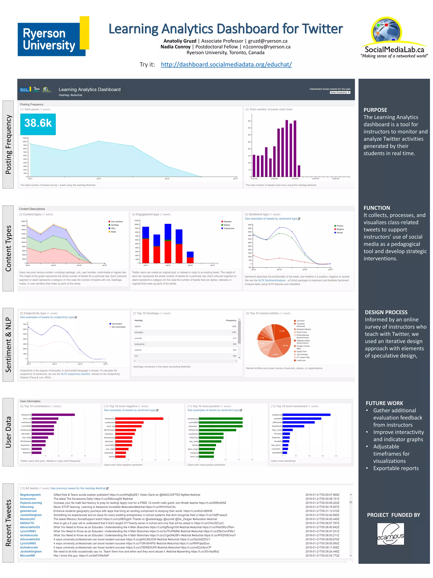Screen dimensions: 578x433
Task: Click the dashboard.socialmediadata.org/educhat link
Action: tap(226, 64)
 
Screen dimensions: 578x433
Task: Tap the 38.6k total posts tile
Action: tap(38, 124)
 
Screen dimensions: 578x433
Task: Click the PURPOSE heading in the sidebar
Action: tap(375, 110)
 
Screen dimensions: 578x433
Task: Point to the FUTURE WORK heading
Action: tap(384, 403)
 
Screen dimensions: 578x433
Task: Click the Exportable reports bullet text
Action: tap(396, 468)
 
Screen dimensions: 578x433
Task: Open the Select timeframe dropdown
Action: tap(340, 92)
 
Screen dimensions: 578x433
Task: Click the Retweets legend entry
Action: tap(227, 222)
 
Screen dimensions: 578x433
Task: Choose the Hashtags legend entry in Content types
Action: tap(115, 225)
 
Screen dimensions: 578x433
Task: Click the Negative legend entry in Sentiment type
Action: tap(340, 229)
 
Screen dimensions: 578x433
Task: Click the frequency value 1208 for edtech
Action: tap(234, 326)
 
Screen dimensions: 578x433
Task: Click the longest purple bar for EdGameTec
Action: tap(53, 415)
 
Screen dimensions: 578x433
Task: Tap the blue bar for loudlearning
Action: tap(306, 415)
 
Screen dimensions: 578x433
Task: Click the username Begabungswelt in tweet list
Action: tap(30, 495)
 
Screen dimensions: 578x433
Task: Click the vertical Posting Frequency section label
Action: tap(8, 144)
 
